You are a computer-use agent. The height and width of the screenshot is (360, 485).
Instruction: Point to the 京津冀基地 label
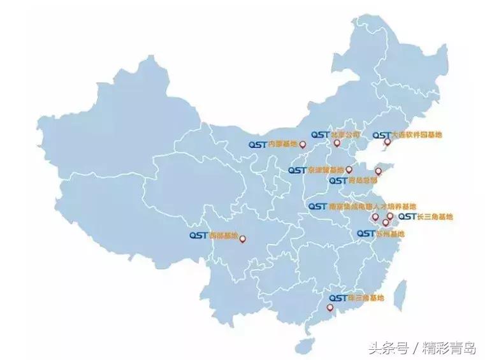[x=326, y=170]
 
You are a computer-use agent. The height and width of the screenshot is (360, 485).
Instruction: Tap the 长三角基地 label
[x=434, y=217]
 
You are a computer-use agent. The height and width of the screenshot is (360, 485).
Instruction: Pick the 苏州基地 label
[x=390, y=234]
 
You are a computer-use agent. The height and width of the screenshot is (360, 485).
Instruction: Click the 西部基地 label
[x=224, y=235]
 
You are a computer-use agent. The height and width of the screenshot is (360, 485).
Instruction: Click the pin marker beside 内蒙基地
[x=303, y=146]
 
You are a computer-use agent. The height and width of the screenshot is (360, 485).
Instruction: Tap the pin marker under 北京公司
[x=337, y=143]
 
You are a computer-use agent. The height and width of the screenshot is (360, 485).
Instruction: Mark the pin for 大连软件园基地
[x=385, y=143]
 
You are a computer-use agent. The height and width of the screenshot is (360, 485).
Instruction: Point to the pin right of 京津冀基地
[x=349, y=170]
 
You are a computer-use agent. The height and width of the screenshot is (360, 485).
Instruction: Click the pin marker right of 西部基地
[x=242, y=240]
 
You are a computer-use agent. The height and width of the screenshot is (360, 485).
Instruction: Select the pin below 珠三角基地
[x=329, y=308]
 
